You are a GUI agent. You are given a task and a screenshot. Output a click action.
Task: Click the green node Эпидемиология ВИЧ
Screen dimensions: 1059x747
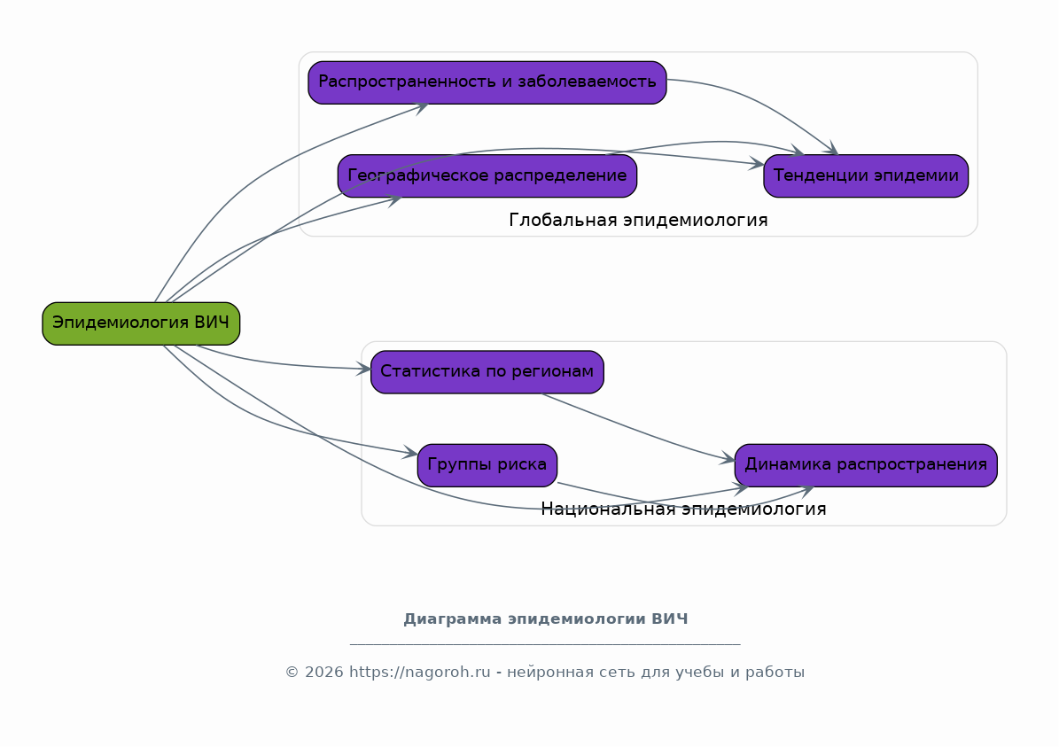click(141, 323)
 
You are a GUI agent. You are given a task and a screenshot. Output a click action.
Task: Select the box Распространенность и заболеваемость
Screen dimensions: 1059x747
click(487, 82)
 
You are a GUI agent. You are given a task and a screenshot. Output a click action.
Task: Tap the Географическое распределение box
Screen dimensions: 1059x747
click(487, 176)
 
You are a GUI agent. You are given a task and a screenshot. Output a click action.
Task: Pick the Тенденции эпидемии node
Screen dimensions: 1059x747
click(866, 176)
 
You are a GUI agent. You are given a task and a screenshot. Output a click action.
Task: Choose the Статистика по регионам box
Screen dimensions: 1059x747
click(487, 372)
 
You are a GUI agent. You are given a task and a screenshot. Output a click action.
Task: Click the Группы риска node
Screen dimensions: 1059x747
click(487, 465)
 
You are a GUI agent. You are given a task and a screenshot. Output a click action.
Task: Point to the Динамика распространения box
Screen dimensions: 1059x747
click(866, 465)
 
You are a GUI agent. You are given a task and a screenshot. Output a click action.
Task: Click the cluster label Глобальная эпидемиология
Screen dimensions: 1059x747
click(638, 220)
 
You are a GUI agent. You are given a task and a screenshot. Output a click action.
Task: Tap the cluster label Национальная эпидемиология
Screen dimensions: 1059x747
click(683, 510)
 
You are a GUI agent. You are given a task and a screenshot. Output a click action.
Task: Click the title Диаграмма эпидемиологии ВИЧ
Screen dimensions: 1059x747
click(546, 619)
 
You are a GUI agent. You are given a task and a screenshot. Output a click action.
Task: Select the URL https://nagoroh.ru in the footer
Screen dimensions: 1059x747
click(419, 673)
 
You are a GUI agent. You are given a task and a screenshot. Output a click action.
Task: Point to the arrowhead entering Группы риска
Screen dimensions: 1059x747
click(410, 453)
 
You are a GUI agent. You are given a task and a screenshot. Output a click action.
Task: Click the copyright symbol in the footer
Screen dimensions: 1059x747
click(292, 673)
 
